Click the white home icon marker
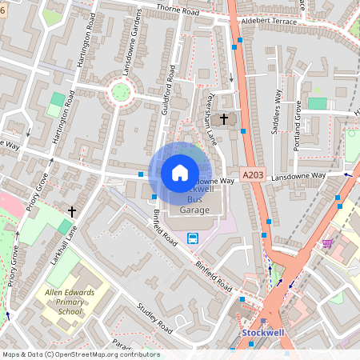(x=180, y=173)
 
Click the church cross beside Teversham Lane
(x=224, y=119)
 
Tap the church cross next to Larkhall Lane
(x=72, y=211)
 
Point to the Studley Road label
(x=154, y=318)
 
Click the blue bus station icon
(x=193, y=238)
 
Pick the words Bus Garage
(x=194, y=204)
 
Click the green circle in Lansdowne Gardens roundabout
(x=121, y=91)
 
